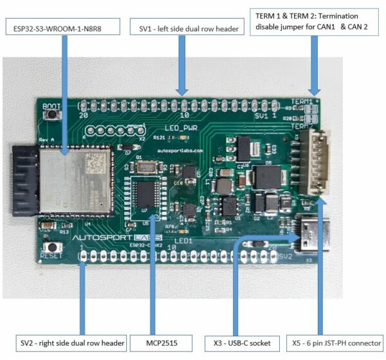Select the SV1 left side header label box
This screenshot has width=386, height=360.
coord(184,28)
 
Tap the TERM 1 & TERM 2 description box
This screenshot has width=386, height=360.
coord(315,21)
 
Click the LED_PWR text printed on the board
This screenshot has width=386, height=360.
coord(180,128)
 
